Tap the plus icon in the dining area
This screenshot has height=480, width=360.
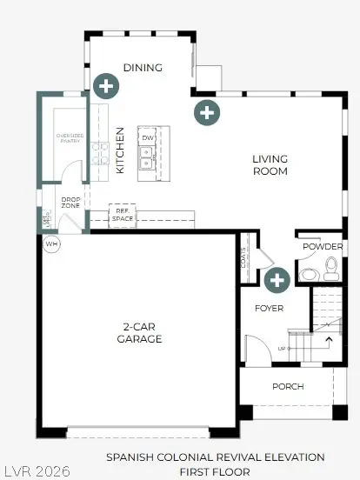pos(106,85)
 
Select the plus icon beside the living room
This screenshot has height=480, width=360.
pos(206,111)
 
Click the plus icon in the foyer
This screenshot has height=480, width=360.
pos(277,280)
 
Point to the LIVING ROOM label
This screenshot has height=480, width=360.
pos(270,165)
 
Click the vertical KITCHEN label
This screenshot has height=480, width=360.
pos(121,150)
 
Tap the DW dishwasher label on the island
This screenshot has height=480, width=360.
pos(148,138)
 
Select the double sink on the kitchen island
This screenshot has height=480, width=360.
pos(148,157)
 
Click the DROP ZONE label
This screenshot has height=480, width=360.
pos(70,203)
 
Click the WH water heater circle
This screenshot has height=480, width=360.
pos(50,243)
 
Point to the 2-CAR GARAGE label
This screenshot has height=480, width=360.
pos(140,334)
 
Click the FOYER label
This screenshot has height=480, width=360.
pos(269,308)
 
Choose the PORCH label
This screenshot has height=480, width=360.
pos(287,386)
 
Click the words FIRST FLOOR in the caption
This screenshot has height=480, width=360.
pos(216,470)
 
